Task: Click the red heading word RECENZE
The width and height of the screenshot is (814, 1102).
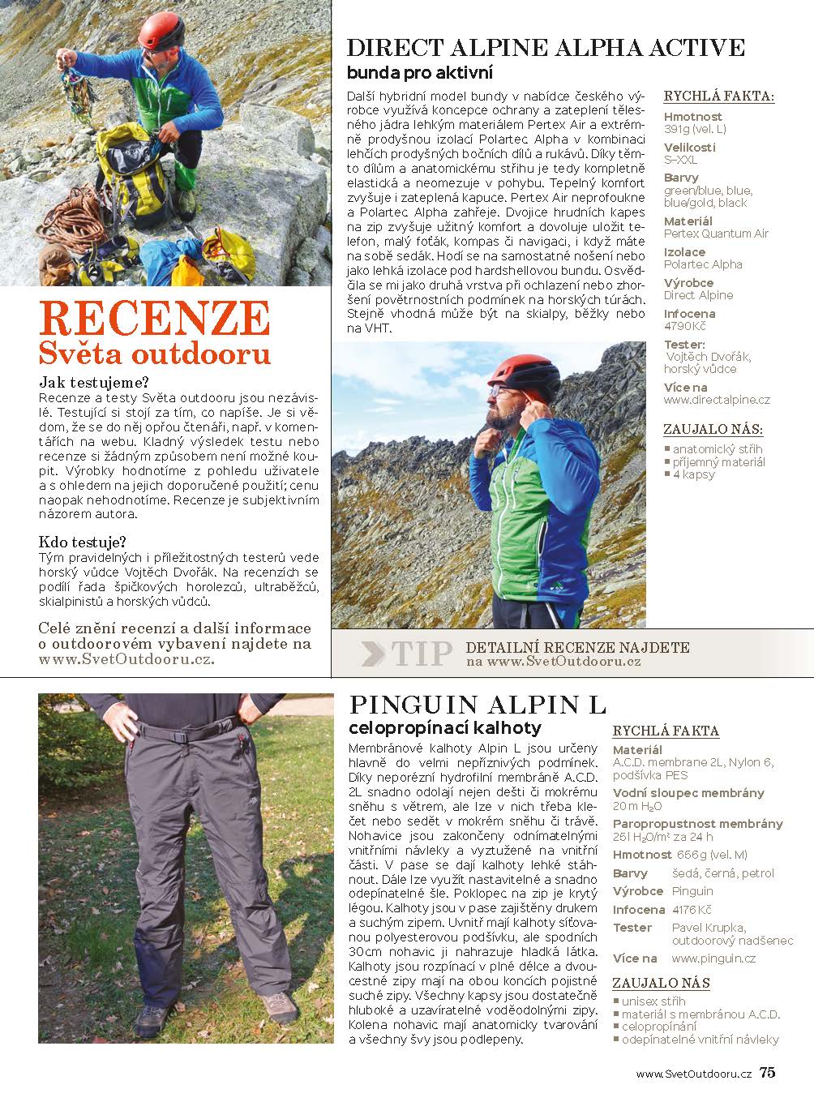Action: pyautogui.click(x=154, y=318)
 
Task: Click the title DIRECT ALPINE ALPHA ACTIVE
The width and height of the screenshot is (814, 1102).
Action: pyautogui.click(x=545, y=47)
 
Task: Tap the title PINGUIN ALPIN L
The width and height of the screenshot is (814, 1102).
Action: pyautogui.click(x=477, y=703)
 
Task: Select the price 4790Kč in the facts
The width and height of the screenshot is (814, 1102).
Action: pyautogui.click(x=685, y=326)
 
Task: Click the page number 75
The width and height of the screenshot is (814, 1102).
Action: pyautogui.click(x=767, y=1073)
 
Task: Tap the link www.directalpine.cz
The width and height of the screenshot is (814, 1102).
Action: pyautogui.click(x=717, y=400)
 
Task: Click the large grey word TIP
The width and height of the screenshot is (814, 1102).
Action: pyautogui.click(x=422, y=654)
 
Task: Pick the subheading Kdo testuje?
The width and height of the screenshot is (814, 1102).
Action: pyautogui.click(x=83, y=542)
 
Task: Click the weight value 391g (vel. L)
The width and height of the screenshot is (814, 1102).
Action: pyautogui.click(x=695, y=129)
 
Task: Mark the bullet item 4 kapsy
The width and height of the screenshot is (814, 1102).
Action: pyautogui.click(x=693, y=474)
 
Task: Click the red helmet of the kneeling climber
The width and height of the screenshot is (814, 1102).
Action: pyautogui.click(x=162, y=31)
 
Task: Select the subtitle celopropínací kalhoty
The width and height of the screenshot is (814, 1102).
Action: pyautogui.click(x=444, y=727)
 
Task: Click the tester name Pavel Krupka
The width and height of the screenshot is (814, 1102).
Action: pyautogui.click(x=709, y=928)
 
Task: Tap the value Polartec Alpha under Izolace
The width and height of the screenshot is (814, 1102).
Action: pyautogui.click(x=703, y=264)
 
